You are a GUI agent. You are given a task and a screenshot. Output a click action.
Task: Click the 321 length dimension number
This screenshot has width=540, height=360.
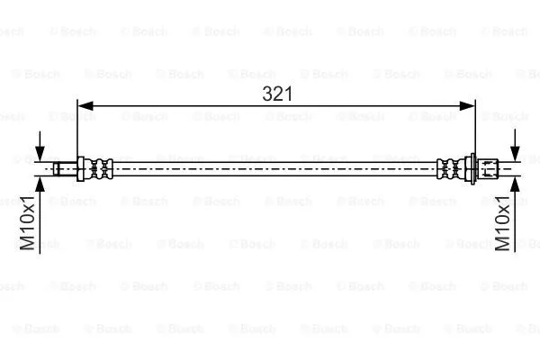click(x=277, y=93)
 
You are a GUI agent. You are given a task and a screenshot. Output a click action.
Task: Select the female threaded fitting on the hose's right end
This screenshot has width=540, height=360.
click(x=487, y=167)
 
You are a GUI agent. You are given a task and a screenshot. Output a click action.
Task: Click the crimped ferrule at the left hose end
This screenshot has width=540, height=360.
click(x=101, y=167)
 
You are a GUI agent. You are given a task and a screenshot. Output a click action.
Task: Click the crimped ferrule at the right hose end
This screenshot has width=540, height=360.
click(x=450, y=167)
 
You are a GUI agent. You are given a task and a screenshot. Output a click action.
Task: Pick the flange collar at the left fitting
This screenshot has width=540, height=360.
click(x=82, y=167)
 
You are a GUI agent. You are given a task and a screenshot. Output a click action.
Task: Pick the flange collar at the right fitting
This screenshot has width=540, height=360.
click(x=470, y=167)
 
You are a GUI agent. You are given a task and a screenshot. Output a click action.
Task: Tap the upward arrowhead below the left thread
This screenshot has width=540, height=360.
click(x=40, y=180)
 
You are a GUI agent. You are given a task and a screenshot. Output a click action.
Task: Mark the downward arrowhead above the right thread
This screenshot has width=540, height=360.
click(x=514, y=153)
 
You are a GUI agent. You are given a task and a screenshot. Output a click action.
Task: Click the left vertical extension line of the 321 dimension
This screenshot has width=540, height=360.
click(x=79, y=130)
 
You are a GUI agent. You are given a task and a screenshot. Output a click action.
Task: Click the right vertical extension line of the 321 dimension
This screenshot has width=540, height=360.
click(x=474, y=130)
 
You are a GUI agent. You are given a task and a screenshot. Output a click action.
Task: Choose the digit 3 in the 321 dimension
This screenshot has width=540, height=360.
click(x=267, y=93)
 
